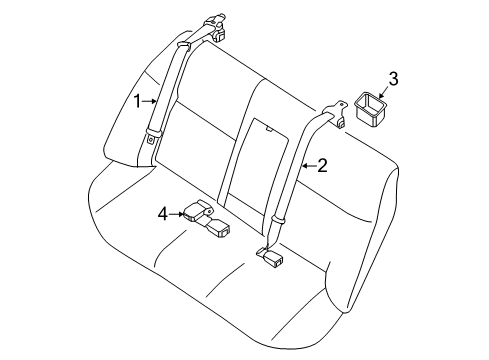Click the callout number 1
(139, 100)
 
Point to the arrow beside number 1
(151, 100)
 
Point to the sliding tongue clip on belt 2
(280, 217)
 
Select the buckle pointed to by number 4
(196, 211)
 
